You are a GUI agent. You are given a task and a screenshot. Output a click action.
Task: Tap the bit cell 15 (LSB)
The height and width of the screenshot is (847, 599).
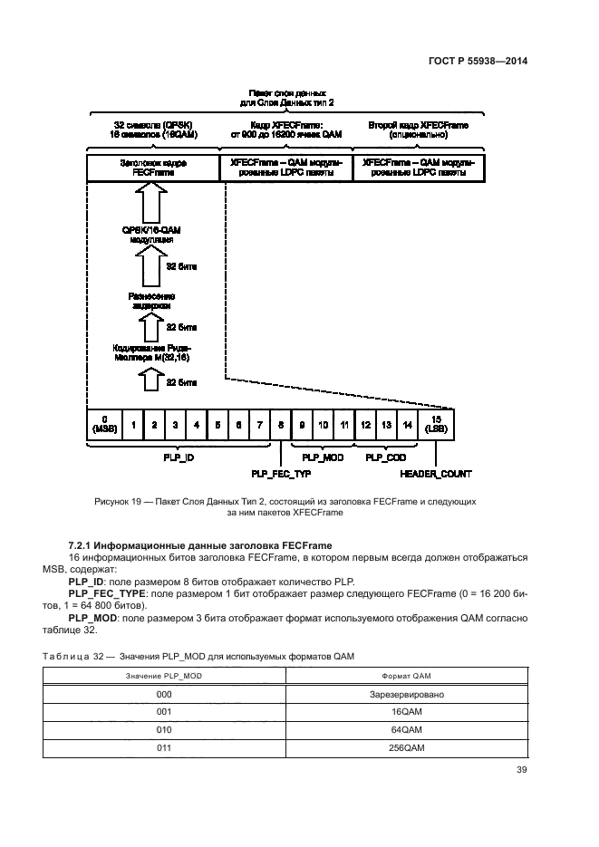[435, 424]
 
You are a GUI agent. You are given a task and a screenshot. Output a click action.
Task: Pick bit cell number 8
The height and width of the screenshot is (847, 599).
[281, 424]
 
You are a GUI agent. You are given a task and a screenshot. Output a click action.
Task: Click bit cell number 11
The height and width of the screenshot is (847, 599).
[344, 424]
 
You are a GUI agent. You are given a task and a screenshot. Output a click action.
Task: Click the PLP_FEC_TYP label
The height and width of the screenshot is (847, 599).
[281, 473]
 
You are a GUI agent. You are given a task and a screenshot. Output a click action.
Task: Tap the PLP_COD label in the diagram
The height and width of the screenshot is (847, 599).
[386, 458]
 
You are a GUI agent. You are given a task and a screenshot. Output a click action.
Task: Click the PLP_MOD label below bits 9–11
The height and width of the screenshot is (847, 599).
[323, 458]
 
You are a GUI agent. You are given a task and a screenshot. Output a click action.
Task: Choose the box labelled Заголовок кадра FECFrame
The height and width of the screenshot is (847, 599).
[153, 168]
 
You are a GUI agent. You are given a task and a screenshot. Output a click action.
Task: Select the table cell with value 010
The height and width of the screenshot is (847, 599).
[164, 730]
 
